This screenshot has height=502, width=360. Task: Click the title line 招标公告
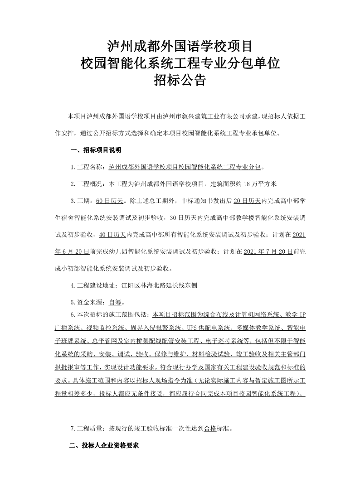pos(180,81)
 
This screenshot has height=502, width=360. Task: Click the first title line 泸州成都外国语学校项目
pos(180,46)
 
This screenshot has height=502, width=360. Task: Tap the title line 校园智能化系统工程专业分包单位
pos(180,63)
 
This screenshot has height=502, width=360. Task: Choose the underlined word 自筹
pos(115,302)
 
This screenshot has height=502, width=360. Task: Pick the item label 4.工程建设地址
pos(94,285)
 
